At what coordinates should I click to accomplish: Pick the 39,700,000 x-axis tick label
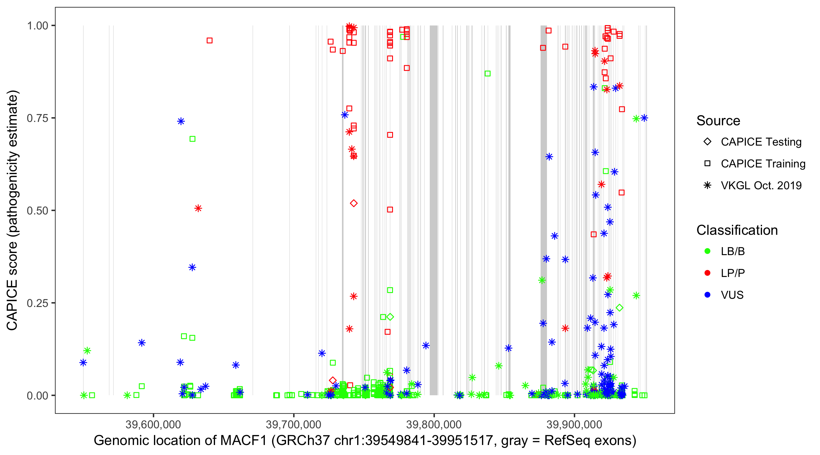(293, 424)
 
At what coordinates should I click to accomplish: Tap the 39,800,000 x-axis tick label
(434, 424)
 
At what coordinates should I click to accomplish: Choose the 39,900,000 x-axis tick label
(574, 424)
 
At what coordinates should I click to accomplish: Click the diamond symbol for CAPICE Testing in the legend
(707, 141)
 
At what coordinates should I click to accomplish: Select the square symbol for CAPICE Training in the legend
(707, 163)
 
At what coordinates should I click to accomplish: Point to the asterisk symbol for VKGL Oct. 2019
(707, 185)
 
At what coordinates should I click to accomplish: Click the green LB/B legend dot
(707, 251)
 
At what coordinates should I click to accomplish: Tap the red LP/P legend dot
(707, 273)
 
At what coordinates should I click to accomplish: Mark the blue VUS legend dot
(707, 295)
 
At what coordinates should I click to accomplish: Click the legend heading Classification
(736, 230)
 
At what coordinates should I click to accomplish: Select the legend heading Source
(718, 120)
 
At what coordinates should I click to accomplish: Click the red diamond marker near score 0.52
(353, 203)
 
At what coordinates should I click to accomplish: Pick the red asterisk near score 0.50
(198, 208)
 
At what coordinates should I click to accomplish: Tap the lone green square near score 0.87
(487, 73)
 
